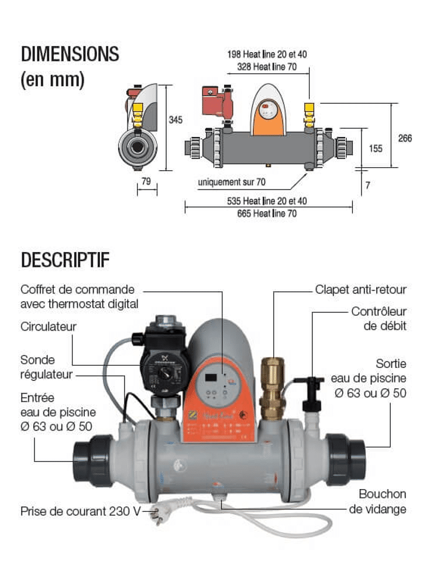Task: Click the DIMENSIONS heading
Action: point(70,54)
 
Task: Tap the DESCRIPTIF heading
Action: point(65,260)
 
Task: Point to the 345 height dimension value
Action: point(175,120)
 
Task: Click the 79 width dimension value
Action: point(146,181)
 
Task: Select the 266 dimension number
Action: point(405,138)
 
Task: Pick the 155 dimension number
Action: point(376,149)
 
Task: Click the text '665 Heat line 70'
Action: point(267,214)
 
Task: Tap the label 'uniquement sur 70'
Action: point(232,183)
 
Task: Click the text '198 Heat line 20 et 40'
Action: point(267,54)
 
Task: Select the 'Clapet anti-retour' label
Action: point(360,290)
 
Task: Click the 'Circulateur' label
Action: point(49,326)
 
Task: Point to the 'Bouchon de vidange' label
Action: point(378,502)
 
